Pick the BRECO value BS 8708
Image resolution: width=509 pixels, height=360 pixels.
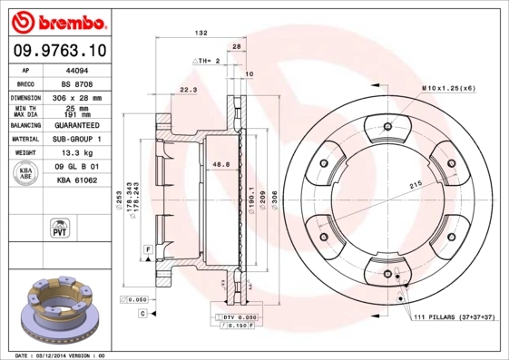(78, 83)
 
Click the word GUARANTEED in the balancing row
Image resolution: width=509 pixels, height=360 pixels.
(78, 125)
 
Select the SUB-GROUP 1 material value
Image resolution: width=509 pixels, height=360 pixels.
(78, 139)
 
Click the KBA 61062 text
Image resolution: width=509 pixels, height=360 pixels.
(78, 180)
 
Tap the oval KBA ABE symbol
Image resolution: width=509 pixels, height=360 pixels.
(26, 174)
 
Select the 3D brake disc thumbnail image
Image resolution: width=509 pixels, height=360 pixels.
(61, 306)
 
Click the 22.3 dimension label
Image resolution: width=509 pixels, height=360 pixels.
(188, 90)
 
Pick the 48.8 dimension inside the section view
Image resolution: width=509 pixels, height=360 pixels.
(220, 164)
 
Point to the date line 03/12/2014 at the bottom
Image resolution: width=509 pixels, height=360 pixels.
(61, 355)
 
